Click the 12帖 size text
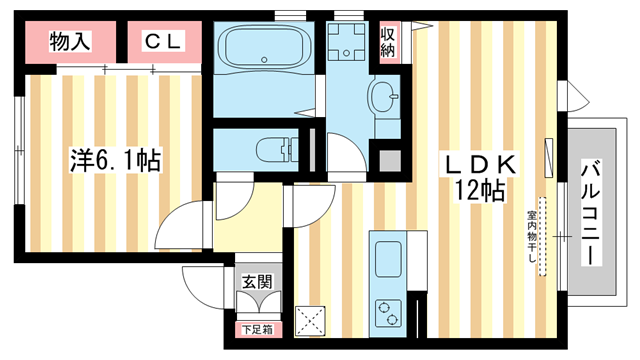478,191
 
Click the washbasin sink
383,98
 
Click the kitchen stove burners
387,311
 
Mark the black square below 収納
387,158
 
